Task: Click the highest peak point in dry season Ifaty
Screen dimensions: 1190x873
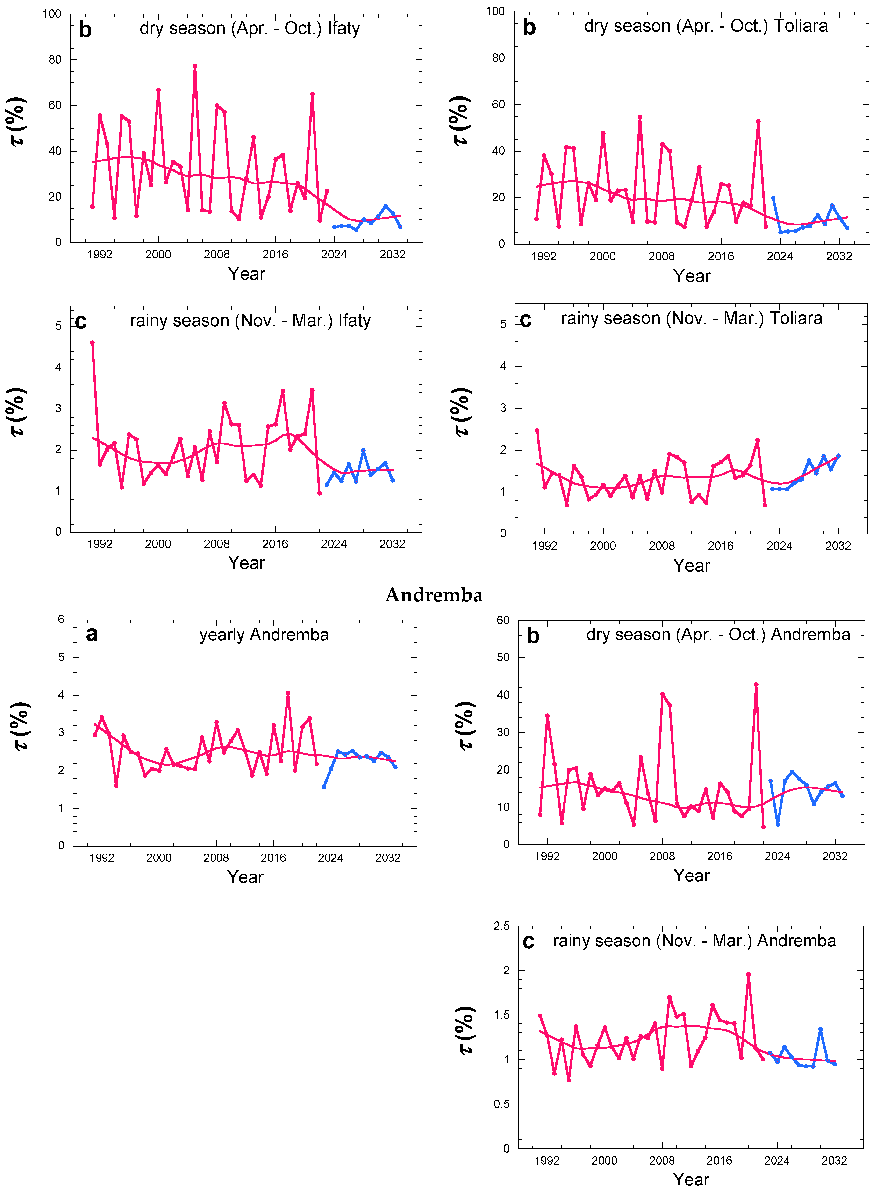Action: pyautogui.click(x=195, y=66)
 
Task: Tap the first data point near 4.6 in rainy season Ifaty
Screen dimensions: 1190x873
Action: pyautogui.click(x=93, y=343)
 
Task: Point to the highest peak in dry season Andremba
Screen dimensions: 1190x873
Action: pyautogui.click(x=756, y=685)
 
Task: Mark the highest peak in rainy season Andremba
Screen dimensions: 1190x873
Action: pyautogui.click(x=748, y=974)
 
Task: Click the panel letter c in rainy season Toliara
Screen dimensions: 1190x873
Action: pyautogui.click(x=526, y=320)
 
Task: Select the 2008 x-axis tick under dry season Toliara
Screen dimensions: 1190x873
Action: pyautogui.click(x=662, y=256)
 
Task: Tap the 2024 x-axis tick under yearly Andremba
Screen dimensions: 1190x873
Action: pyautogui.click(x=330, y=857)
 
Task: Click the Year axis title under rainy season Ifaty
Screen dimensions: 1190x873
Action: pyautogui.click(x=246, y=562)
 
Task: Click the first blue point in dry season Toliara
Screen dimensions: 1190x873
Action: pyautogui.click(x=773, y=198)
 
